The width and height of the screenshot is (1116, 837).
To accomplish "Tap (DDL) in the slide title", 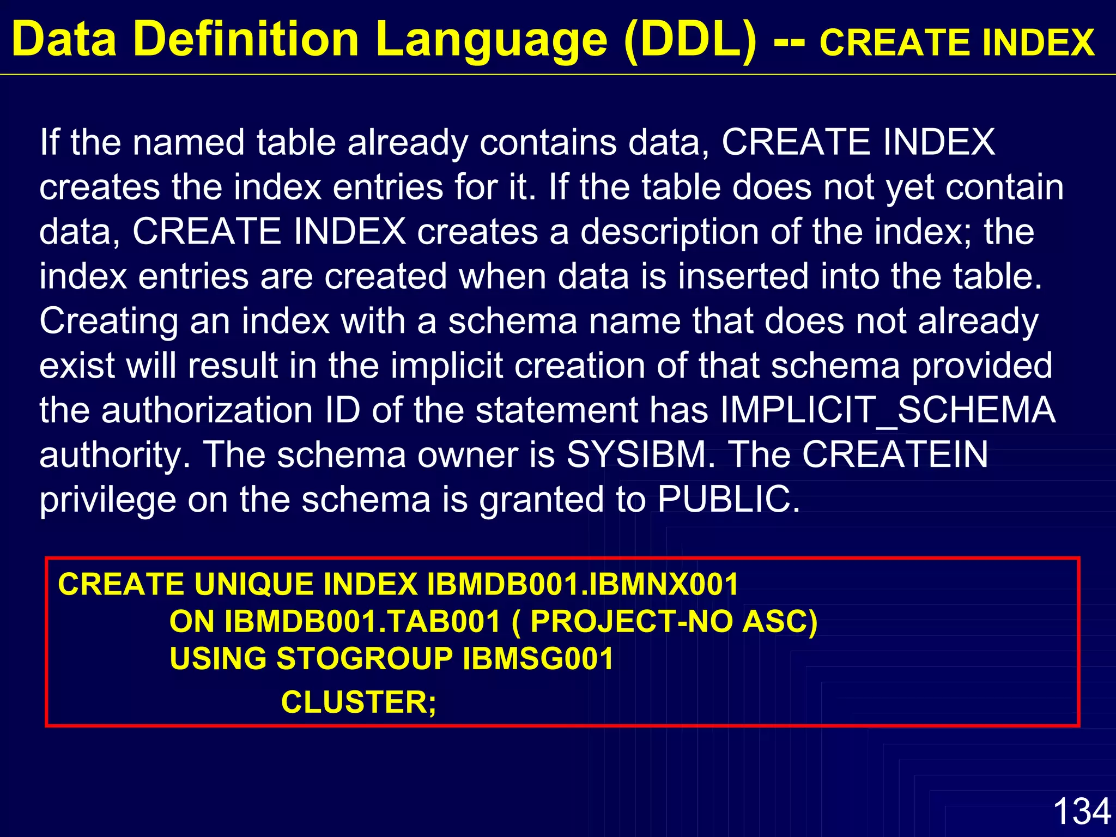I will click(x=691, y=40).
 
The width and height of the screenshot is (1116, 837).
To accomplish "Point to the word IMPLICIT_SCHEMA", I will click(x=888, y=410).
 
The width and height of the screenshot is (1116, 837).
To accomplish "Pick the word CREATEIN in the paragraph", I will click(x=895, y=455).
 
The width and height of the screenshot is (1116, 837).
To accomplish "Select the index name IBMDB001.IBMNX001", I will click(x=582, y=585).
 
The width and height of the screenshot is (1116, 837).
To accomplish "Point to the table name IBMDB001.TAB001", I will click(x=362, y=622).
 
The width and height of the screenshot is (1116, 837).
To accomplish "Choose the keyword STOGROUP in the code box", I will click(x=365, y=659).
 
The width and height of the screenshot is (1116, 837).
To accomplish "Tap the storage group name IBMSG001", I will click(x=538, y=659).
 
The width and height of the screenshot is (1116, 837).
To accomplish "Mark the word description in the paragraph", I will click(x=669, y=232).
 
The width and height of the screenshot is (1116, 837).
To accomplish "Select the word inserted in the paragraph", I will click(x=743, y=276).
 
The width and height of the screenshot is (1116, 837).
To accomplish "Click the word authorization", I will click(x=207, y=410).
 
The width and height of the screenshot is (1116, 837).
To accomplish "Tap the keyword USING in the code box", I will click(x=217, y=659).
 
